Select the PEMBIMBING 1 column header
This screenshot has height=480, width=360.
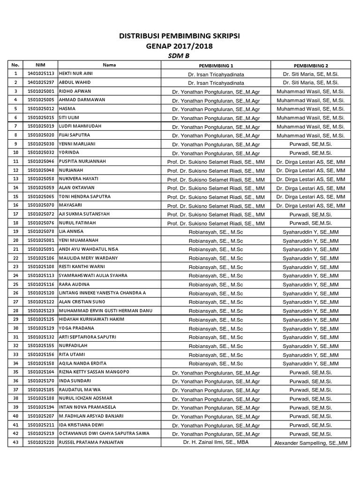(216, 65)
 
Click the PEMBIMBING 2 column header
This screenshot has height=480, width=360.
(311, 65)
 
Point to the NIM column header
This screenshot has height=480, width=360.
(41, 65)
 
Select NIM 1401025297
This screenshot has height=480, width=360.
(41, 82)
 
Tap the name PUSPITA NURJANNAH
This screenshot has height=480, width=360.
(82, 161)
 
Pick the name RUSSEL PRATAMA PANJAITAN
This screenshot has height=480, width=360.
(90, 442)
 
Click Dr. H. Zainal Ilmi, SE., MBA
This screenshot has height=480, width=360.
(216, 442)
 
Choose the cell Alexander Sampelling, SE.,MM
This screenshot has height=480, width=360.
(311, 442)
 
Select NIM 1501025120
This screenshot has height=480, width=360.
(41, 293)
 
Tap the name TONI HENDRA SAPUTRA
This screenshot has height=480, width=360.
(85, 196)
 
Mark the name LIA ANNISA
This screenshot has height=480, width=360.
(72, 232)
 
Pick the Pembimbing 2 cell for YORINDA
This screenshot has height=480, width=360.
(311, 153)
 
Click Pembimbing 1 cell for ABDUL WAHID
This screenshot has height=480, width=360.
(216, 82)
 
